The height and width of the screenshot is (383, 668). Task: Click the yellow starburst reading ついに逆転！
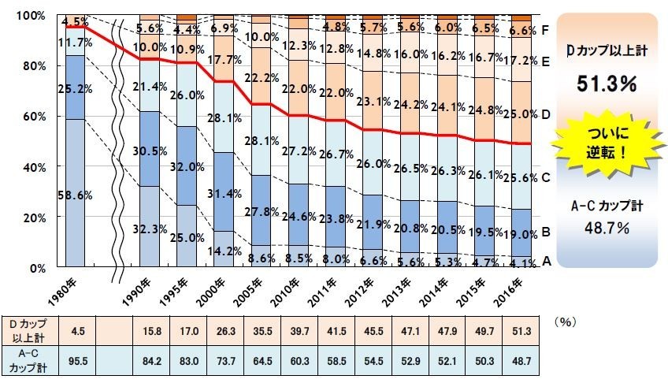607,146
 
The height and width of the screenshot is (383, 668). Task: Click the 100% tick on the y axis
29,16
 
